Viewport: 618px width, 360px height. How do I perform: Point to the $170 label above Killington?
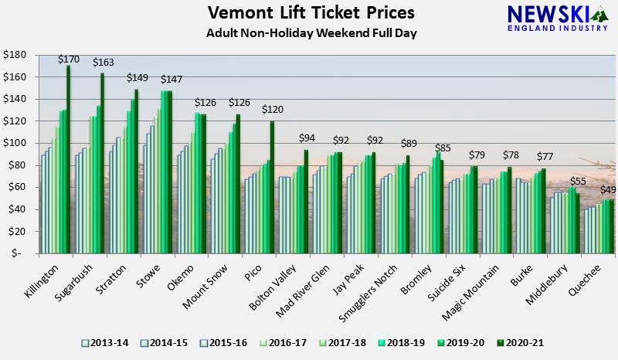coord(70,58)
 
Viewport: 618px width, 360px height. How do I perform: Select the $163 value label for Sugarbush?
coord(104,63)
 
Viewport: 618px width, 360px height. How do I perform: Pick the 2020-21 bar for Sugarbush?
coord(102,162)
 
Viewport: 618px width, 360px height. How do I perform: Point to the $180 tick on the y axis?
coord(15,55)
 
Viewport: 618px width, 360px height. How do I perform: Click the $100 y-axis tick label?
coord(15,143)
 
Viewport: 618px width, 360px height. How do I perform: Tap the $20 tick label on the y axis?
coord(17,231)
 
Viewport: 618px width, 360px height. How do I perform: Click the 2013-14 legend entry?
coord(105,341)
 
